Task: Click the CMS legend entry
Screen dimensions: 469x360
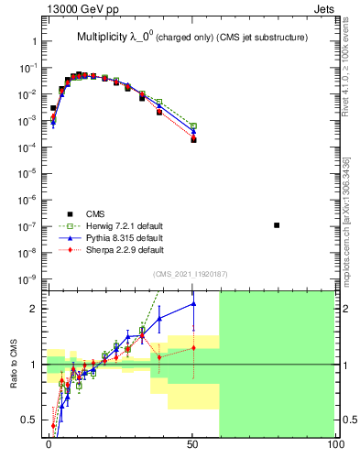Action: [93, 213]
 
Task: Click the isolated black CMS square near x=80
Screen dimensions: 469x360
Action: [277, 224]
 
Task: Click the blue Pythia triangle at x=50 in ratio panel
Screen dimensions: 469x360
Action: [193, 304]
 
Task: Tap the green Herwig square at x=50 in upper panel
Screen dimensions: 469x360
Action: [193, 125]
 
